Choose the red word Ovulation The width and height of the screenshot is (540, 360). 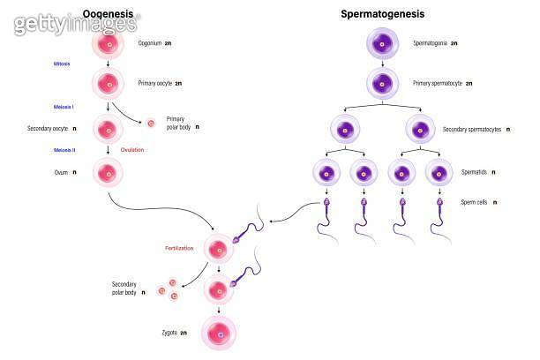(x=132, y=150)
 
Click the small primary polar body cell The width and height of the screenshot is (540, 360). (x=150, y=124)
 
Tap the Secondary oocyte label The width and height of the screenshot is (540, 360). (x=49, y=129)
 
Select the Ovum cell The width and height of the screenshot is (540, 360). (x=108, y=172)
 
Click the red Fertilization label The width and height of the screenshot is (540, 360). (x=178, y=248)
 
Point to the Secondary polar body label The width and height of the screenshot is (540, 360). (x=124, y=289)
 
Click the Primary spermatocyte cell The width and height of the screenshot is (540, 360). (x=382, y=84)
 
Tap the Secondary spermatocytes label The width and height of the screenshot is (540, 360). (x=471, y=130)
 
